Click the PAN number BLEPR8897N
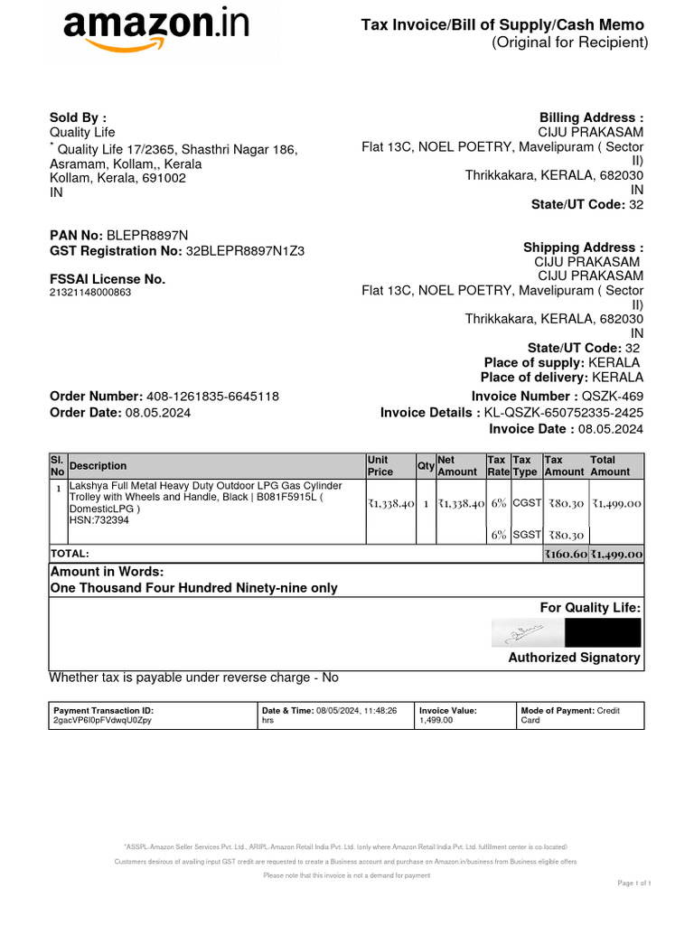pos(148,235)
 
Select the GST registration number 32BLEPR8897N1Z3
pos(245,251)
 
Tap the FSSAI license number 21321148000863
pos(89,293)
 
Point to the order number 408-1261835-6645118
pos(212,397)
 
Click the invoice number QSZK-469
pos(613,397)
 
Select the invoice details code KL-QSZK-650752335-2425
pos(564,413)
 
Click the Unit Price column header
pos(379,466)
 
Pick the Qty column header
pos(425,466)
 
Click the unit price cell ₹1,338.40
pos(390,504)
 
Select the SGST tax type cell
pos(526,535)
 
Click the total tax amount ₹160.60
pos(565,555)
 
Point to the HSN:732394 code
pos(98,520)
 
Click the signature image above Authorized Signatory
pos(520,632)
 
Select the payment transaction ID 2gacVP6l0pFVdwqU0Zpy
pos(103,721)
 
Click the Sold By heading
pos(78,117)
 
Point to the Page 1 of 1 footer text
pos(633,883)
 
